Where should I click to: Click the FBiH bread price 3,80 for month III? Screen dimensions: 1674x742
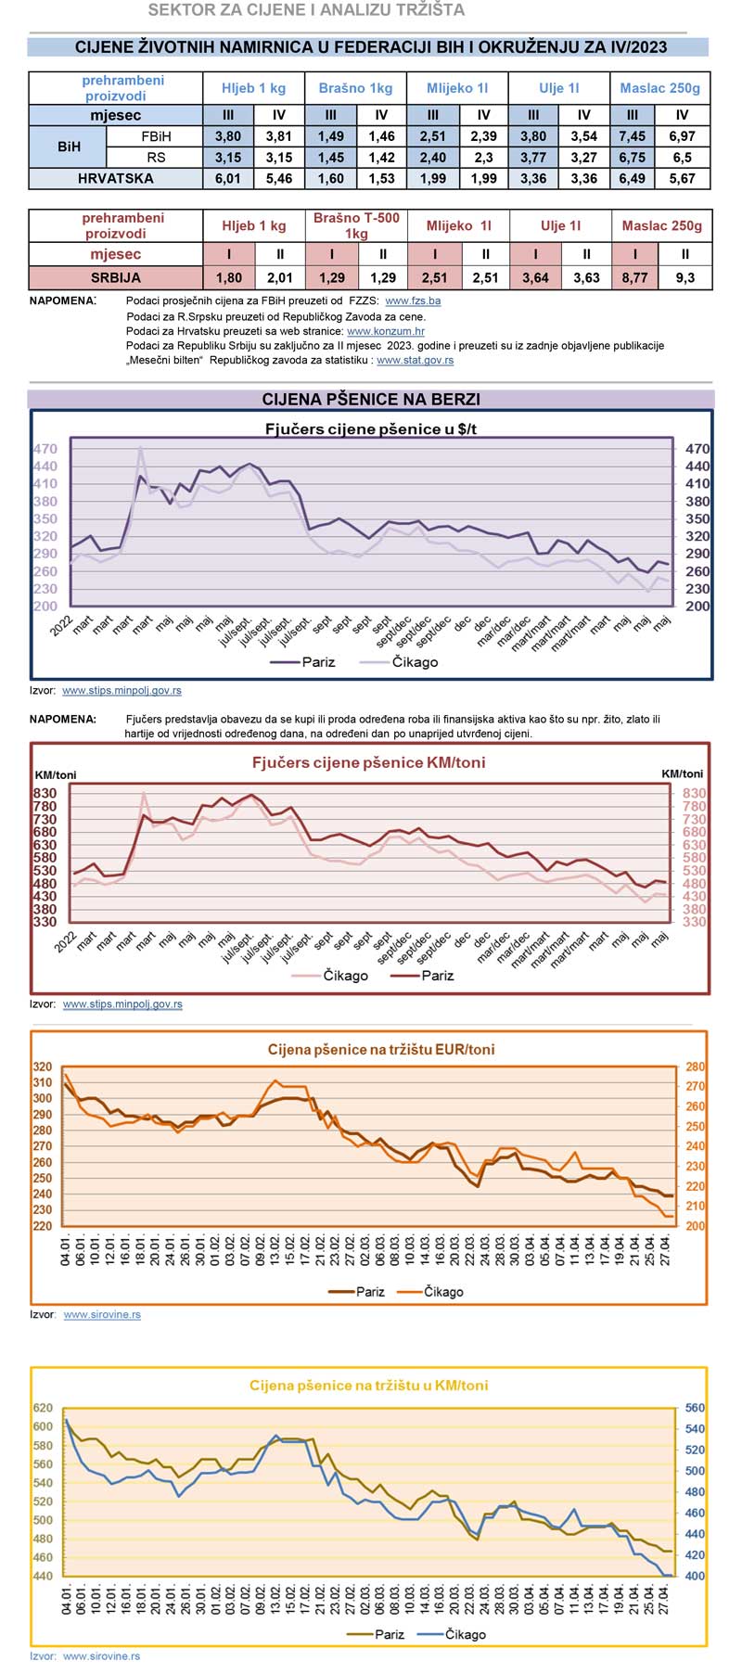(228, 136)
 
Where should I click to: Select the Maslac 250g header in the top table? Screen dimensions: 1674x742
(659, 88)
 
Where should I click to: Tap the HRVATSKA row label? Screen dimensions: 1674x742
(115, 178)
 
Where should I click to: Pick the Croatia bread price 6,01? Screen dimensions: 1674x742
(228, 178)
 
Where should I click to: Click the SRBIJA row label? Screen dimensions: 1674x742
(115, 277)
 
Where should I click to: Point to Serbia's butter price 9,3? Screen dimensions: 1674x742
(685, 277)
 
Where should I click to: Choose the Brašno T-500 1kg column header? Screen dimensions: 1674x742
(356, 225)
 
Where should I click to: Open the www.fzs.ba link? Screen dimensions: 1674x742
(413, 300)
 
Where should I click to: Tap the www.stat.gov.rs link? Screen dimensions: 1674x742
(415, 360)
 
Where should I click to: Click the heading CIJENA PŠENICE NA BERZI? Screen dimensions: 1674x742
(371, 399)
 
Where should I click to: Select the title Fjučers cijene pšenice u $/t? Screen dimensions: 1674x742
(371, 428)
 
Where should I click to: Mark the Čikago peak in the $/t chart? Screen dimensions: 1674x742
(141, 449)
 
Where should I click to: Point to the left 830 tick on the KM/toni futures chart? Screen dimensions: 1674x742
(45, 793)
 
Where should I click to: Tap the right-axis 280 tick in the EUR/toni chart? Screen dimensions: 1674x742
(695, 1067)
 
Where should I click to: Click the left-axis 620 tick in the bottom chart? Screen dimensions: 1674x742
(43, 1408)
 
